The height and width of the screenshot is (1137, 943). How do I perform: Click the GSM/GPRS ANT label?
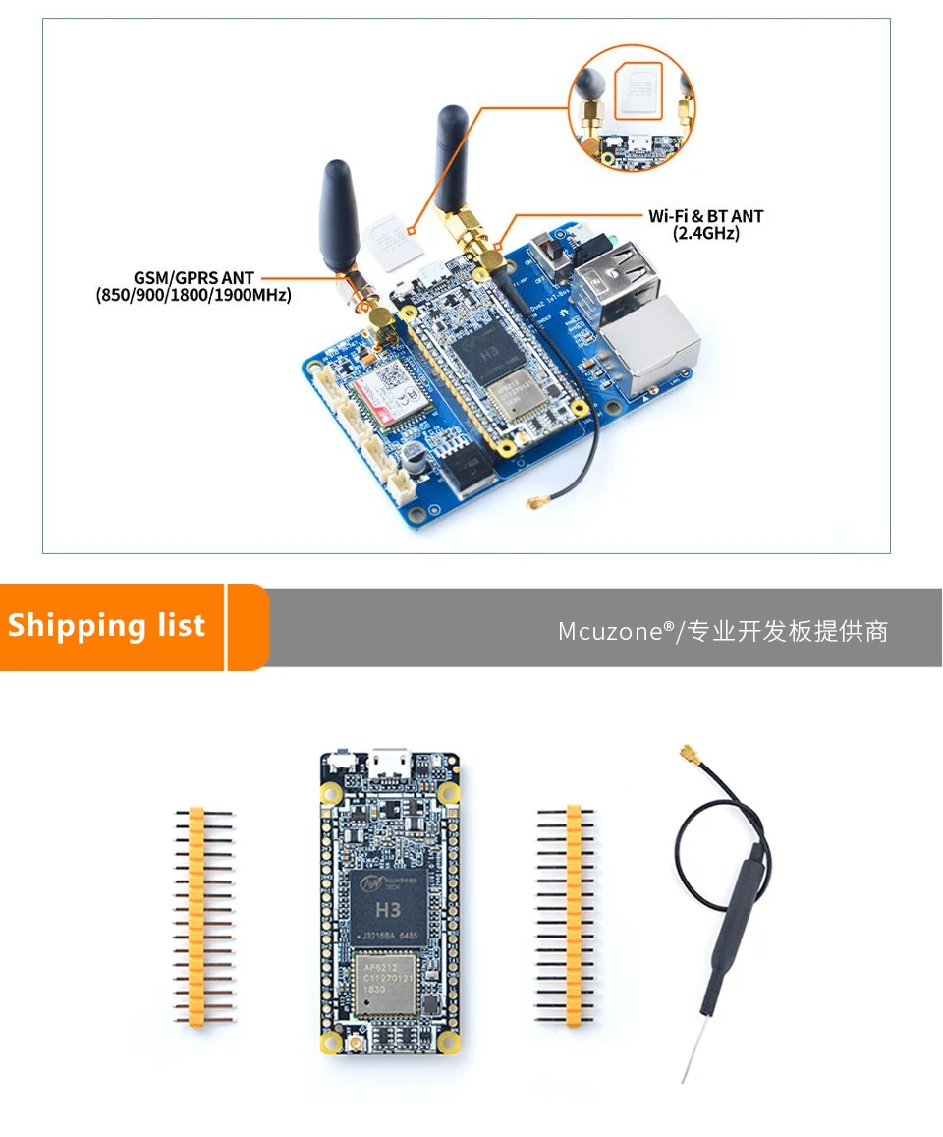tap(194, 278)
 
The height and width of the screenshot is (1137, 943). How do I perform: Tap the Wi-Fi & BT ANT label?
tap(705, 216)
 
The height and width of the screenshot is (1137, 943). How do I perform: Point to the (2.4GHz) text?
tap(705, 234)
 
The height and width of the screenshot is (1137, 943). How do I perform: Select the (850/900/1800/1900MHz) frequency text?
tap(194, 294)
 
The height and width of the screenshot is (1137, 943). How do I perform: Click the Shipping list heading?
tap(107, 626)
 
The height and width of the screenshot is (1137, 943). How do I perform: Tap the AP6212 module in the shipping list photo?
tap(392, 977)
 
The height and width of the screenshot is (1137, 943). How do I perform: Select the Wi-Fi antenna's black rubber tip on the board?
tap(452, 157)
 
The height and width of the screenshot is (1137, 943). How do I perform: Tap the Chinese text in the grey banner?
tap(786, 632)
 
